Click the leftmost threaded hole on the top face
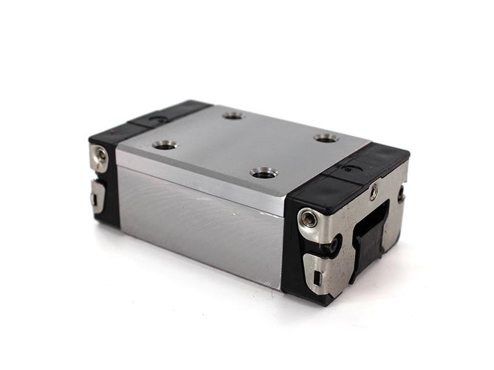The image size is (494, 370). click(x=165, y=145)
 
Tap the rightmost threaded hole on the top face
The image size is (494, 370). click(x=325, y=138)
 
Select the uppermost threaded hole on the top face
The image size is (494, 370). click(x=233, y=115)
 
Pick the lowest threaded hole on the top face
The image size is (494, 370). click(x=264, y=173)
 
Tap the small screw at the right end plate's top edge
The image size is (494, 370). click(x=374, y=192)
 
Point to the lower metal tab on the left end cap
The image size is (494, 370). click(x=98, y=196)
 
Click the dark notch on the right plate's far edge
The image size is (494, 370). click(x=400, y=196)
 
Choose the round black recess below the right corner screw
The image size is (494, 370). click(x=333, y=245)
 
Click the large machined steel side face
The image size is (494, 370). click(x=198, y=222)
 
